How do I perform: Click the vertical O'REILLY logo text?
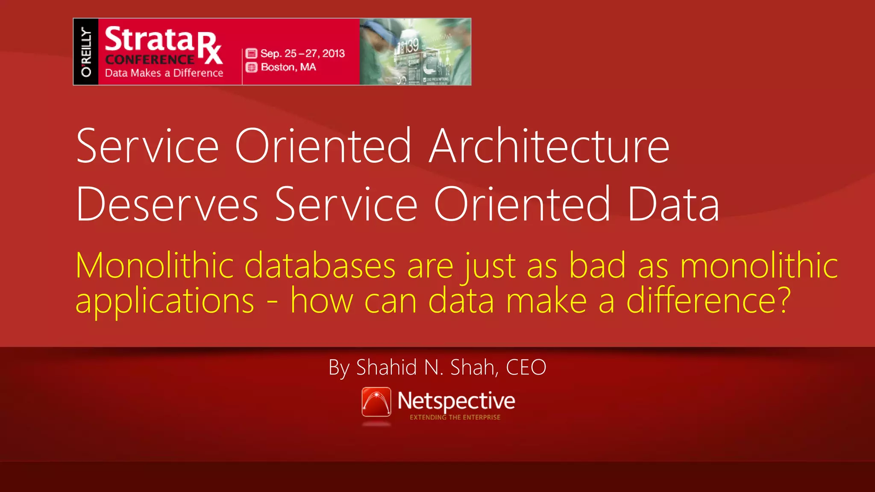point(86,52)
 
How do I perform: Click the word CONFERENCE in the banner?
point(150,59)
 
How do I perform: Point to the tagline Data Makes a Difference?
point(164,73)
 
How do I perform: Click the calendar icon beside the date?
point(252,53)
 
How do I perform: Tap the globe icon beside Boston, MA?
point(252,67)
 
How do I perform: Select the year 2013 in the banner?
point(333,53)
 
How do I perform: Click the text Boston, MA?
point(288,67)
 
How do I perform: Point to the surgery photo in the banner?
point(415,52)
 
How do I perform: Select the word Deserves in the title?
point(167,205)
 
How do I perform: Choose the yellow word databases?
point(320,266)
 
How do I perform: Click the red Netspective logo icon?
point(376,401)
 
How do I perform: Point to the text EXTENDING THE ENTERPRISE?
point(455,417)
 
